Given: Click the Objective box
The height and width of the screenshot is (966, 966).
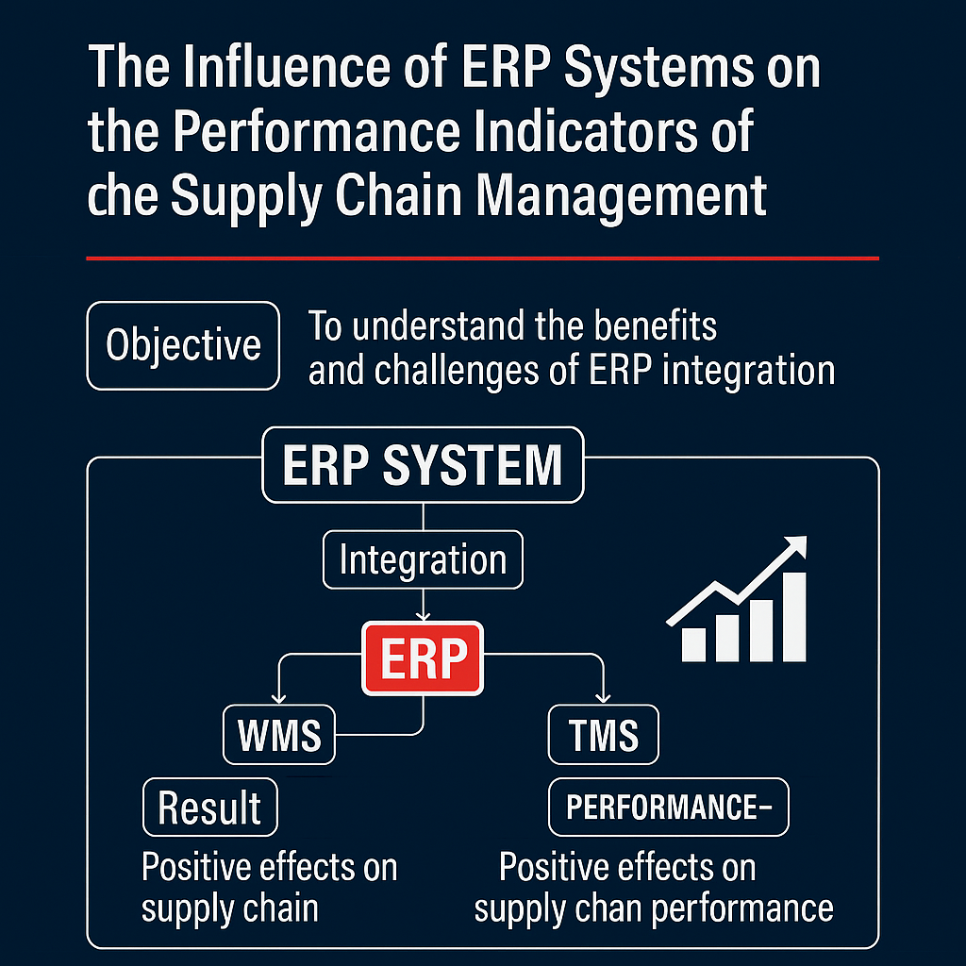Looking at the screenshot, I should (183, 345).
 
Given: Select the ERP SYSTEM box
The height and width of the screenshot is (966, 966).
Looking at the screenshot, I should (423, 464).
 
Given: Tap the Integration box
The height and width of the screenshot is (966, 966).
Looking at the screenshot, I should (423, 560).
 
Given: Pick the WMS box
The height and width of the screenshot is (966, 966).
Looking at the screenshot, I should (279, 736).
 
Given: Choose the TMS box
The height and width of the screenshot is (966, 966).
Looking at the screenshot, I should (604, 736).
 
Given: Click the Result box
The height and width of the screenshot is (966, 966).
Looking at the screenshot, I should (209, 808).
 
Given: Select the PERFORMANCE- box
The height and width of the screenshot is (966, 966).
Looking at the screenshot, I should (669, 808).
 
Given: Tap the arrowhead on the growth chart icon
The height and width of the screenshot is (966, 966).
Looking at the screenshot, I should (798, 545).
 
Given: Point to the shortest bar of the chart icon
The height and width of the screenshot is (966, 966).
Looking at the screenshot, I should (693, 642).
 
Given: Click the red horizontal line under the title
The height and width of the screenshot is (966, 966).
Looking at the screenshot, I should (482, 258).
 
